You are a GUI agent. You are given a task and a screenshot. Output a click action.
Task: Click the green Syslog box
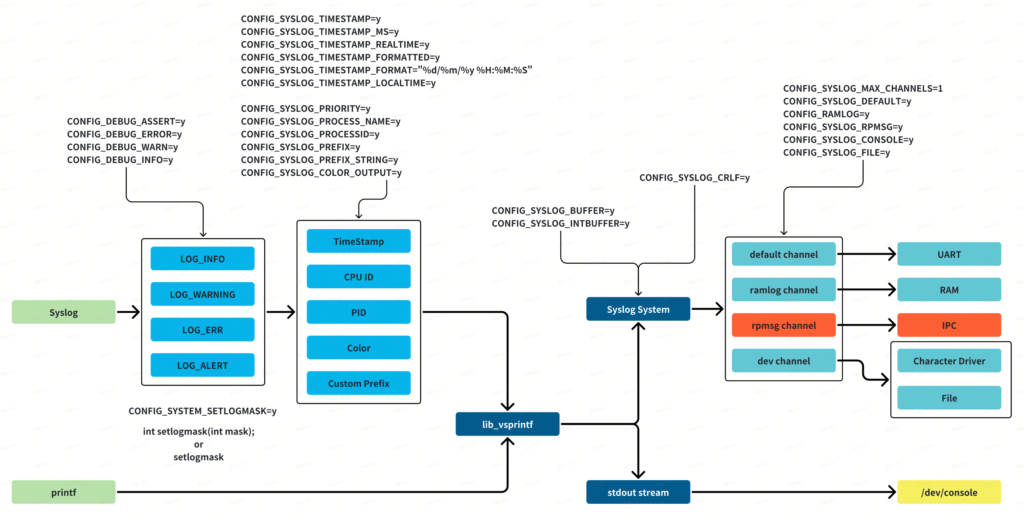click(64, 312)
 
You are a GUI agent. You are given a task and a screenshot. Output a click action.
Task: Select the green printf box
click(64, 492)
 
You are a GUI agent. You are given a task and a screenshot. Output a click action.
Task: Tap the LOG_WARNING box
click(202, 294)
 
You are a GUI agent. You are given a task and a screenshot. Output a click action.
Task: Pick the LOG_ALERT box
click(202, 365)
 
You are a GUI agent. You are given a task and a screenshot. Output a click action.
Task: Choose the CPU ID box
click(358, 277)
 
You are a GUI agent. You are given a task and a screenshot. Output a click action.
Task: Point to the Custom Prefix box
click(358, 384)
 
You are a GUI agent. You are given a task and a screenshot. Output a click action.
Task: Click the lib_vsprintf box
click(507, 424)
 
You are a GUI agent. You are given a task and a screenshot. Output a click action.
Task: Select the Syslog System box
click(638, 309)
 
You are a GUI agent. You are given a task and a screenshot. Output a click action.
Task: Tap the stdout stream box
click(638, 492)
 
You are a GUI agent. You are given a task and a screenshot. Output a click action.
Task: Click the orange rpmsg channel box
click(784, 325)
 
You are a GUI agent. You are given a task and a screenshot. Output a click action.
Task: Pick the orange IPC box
click(949, 325)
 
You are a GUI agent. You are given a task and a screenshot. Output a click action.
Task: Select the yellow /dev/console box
click(949, 492)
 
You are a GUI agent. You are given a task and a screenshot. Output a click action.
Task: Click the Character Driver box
click(949, 361)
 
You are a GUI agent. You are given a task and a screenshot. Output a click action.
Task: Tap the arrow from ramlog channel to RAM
click(867, 290)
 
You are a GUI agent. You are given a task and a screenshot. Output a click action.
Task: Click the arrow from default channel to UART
click(867, 254)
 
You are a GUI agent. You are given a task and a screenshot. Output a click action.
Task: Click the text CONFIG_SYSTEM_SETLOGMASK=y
click(202, 411)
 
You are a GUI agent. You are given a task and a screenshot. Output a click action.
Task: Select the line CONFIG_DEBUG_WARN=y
click(123, 147)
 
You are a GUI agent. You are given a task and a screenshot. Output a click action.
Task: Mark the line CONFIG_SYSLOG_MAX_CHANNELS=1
click(863, 88)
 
